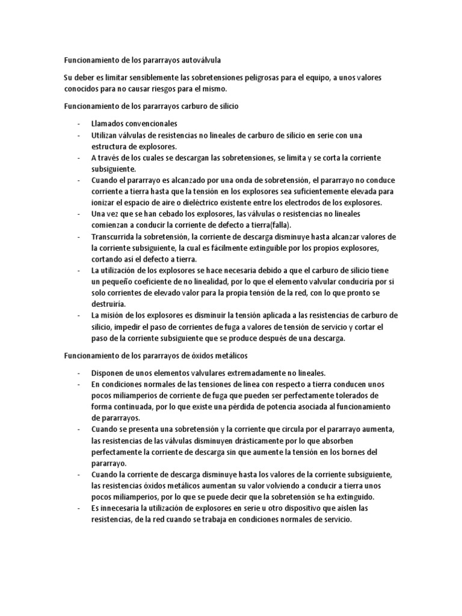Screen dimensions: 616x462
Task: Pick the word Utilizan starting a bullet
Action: point(105,135)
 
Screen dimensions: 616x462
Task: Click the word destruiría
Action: point(109,304)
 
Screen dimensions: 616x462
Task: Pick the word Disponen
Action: point(109,372)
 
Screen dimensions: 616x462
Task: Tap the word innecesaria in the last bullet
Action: point(124,508)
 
